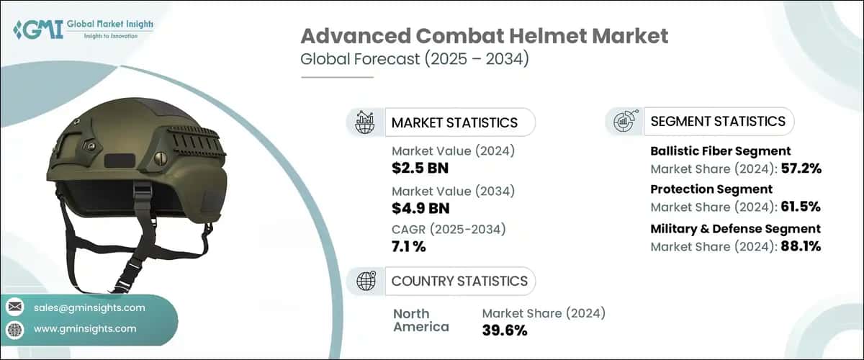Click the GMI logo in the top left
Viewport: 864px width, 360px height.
pos(83,30)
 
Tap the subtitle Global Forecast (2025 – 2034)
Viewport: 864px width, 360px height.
pos(415,58)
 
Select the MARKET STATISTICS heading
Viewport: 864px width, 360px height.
pos(454,122)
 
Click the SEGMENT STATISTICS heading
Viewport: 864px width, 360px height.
pos(718,121)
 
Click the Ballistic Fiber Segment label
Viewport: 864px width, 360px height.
pos(721,151)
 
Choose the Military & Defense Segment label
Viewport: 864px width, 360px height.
pos(735,229)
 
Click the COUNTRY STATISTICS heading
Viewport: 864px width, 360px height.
pos(459,281)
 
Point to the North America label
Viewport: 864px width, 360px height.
pos(421,320)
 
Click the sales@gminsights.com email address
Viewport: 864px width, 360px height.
pos(89,307)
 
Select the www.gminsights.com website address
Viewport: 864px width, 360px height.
pos(85,329)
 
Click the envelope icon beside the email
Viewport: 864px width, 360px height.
pos(16,307)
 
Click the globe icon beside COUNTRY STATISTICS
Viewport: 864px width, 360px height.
pos(365,281)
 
